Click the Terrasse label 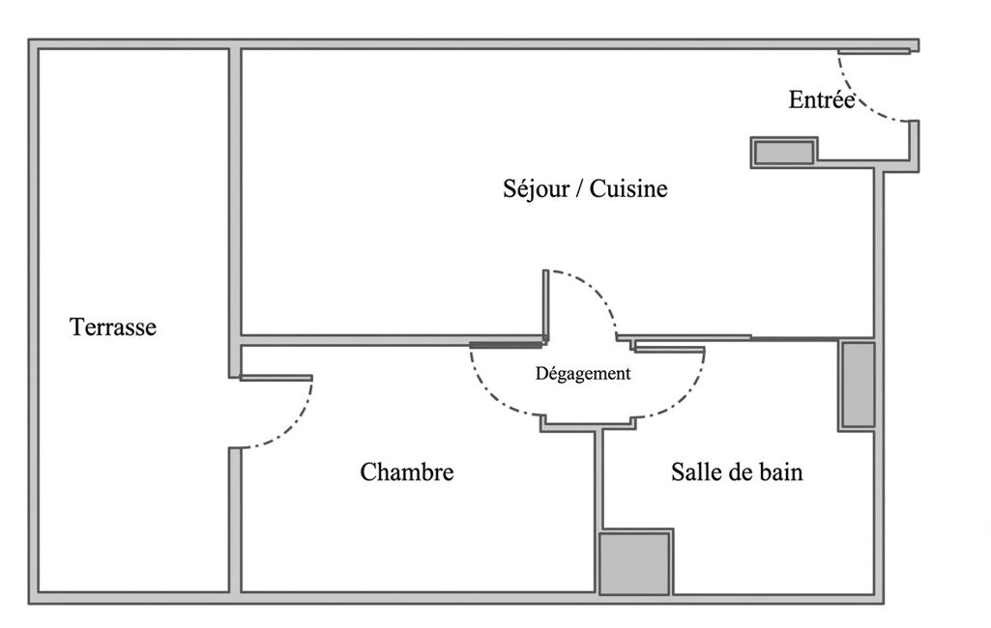tap(112, 327)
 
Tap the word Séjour tap(536, 188)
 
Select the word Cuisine tap(628, 188)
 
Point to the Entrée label tap(822, 100)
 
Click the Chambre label tap(407, 471)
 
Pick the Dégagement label tap(583, 373)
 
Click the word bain tap(781, 471)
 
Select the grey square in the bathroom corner tap(634, 563)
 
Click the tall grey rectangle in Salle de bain tap(859, 385)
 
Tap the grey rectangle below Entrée tap(784, 153)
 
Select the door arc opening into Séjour tap(594, 292)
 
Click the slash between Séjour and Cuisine tap(579, 188)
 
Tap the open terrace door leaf tap(277, 378)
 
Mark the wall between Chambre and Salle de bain tap(598, 512)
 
